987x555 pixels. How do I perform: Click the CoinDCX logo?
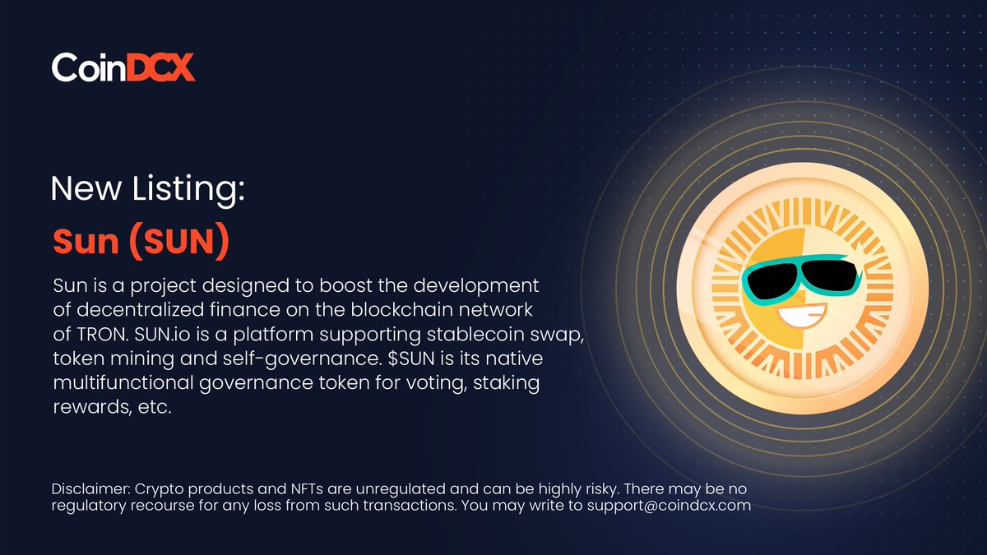click(x=123, y=67)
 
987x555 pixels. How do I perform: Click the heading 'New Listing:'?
click(x=148, y=190)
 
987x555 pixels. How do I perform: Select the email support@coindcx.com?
click(x=668, y=505)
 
